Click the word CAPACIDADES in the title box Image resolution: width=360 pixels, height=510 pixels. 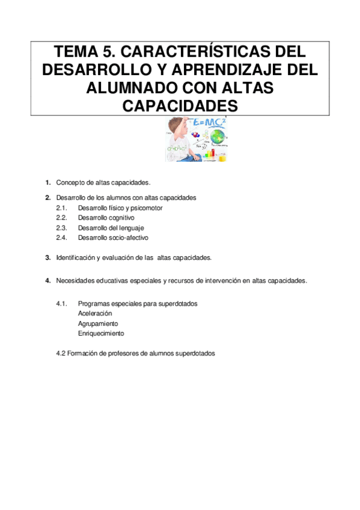[180, 106]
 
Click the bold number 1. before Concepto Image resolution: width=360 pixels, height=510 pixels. [47, 182]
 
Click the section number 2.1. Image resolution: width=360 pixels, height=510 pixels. [61, 207]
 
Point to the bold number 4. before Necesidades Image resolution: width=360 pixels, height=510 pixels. [47, 281]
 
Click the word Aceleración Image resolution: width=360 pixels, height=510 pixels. [95, 313]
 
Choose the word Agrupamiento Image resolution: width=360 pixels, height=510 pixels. [98, 323]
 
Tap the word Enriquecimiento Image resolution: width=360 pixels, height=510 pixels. [101, 333]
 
